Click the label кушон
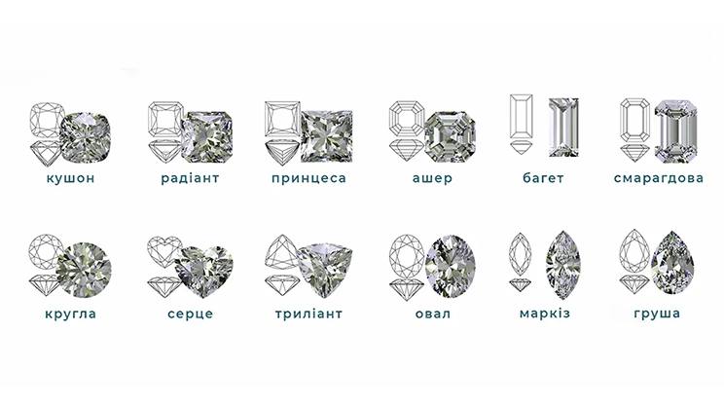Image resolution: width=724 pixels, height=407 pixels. pyautogui.click(x=71, y=178)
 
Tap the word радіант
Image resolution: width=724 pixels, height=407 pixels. pyautogui.click(x=190, y=178)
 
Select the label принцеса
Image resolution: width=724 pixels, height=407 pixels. pyautogui.click(x=308, y=178)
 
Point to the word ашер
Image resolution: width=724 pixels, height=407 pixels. pyautogui.click(x=432, y=178)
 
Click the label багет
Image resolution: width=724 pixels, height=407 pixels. pyautogui.click(x=543, y=177)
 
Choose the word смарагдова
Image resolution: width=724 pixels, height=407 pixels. pyautogui.click(x=659, y=178)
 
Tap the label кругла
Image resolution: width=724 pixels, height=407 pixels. pyautogui.click(x=71, y=314)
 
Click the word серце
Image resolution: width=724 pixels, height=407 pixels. pyautogui.click(x=190, y=314)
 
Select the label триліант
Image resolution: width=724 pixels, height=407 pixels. pyautogui.click(x=308, y=314)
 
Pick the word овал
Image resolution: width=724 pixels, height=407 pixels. pyautogui.click(x=433, y=314)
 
